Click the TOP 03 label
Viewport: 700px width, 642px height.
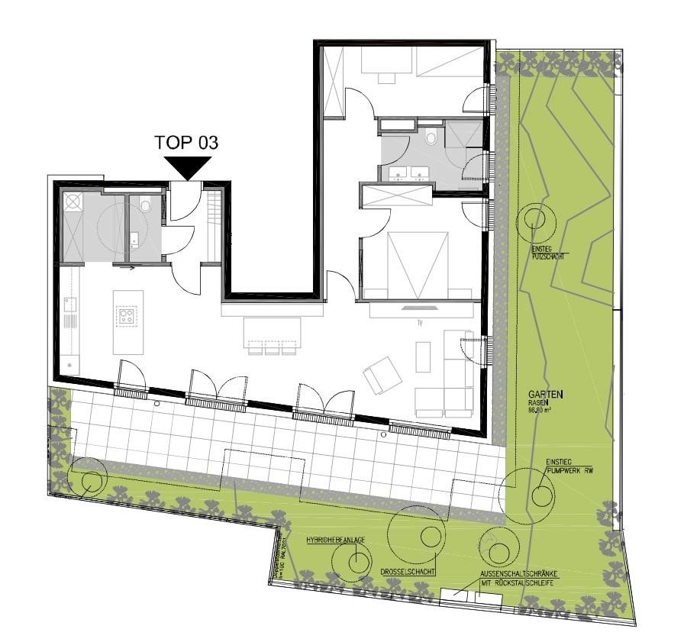click(x=187, y=142)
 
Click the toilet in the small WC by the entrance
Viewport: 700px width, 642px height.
click(x=146, y=205)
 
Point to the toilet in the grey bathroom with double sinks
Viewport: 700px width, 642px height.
click(x=431, y=139)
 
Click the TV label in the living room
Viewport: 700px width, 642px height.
click(x=419, y=323)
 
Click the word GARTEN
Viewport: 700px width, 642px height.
click(x=550, y=395)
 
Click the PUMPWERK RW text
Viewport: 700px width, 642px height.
click(x=569, y=471)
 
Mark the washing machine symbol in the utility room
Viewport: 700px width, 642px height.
click(x=73, y=202)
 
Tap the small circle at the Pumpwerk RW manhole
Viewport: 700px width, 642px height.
click(x=543, y=495)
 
